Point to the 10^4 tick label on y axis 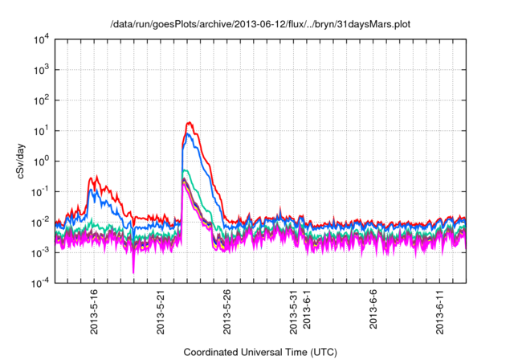coord(40,39)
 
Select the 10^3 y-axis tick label coord(40,70)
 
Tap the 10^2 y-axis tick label coord(40,100)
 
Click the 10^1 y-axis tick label coord(40,130)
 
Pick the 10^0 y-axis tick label coord(40,161)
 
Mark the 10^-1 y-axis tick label coord(40,191)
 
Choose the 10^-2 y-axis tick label coord(40,222)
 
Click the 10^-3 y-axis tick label coord(40,252)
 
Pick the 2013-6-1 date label coord(308,310)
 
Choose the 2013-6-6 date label coord(374,310)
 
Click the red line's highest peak coord(189,123)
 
